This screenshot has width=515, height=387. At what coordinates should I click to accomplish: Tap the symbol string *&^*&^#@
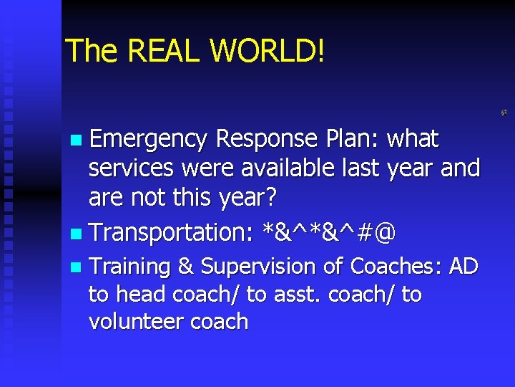[x=329, y=233]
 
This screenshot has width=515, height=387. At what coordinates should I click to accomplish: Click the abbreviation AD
[x=463, y=267]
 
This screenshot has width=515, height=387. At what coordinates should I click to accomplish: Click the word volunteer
[x=136, y=322]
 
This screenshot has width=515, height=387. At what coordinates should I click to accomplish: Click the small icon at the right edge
[x=504, y=113]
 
